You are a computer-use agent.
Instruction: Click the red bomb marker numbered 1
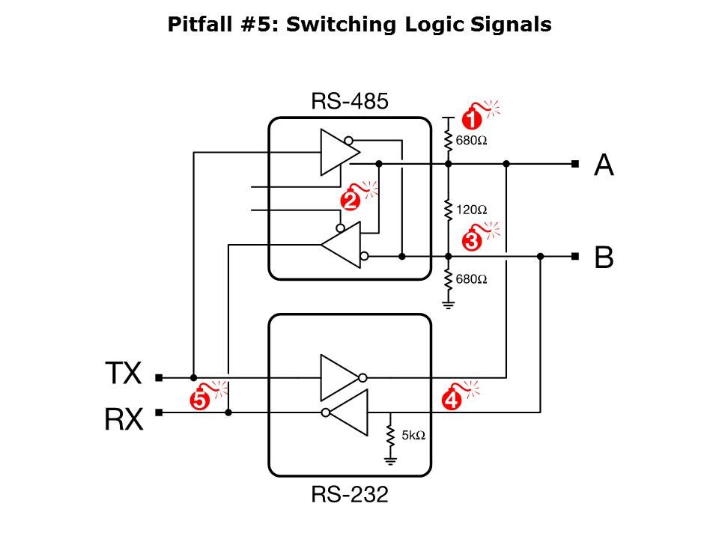[471, 118]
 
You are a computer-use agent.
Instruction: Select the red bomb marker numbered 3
[473, 241]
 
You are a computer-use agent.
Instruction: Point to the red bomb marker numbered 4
[452, 401]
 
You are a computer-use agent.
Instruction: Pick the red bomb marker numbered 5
[199, 401]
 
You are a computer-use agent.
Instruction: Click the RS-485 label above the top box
[350, 102]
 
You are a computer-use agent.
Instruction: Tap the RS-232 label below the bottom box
[350, 495]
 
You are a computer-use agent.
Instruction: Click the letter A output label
[604, 165]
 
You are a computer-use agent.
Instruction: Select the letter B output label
[604, 258]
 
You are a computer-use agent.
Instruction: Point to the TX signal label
[123, 373]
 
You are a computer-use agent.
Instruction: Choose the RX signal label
[123, 420]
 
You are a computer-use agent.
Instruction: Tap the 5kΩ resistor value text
[413, 435]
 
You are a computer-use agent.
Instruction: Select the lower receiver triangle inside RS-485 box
[343, 245]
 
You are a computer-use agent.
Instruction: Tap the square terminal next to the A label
[574, 164]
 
